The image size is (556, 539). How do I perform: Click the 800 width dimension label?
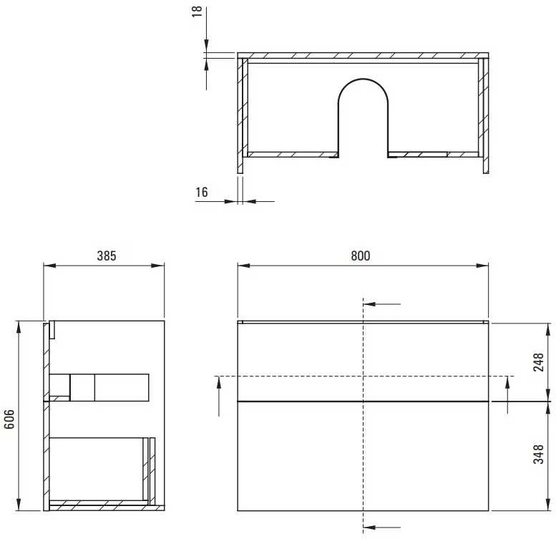(x=360, y=256)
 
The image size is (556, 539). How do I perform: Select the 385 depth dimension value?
(x=107, y=256)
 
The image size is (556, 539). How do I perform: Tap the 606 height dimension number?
(x=9, y=419)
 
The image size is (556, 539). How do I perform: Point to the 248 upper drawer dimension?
(x=538, y=362)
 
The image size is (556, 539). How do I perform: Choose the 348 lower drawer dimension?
(x=538, y=455)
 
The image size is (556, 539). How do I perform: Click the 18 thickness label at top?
(x=197, y=11)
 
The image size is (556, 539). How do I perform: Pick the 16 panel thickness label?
(x=201, y=192)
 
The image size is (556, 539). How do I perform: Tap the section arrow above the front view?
(x=381, y=304)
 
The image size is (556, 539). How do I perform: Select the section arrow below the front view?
(x=381, y=528)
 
